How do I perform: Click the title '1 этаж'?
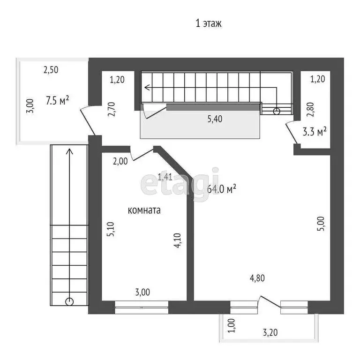(209, 23)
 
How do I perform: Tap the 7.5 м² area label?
(57, 100)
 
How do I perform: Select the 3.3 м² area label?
(315, 132)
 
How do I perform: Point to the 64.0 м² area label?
(222, 189)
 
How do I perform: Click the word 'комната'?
(144, 210)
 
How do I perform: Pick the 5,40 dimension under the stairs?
(215, 119)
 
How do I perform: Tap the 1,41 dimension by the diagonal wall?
(165, 177)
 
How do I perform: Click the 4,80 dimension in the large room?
(257, 278)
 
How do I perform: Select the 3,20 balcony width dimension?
(270, 332)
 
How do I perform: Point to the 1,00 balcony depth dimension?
(232, 325)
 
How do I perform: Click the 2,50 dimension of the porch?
(51, 70)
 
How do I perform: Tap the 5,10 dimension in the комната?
(111, 229)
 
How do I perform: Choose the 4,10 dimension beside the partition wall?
(178, 240)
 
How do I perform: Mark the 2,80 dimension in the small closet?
(310, 109)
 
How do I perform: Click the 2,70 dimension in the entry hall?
(112, 109)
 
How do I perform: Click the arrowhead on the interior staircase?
(147, 88)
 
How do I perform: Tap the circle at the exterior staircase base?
(69, 301)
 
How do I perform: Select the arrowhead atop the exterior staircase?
(69, 151)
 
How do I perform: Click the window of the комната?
(142, 307)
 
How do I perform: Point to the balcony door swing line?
(270, 302)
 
